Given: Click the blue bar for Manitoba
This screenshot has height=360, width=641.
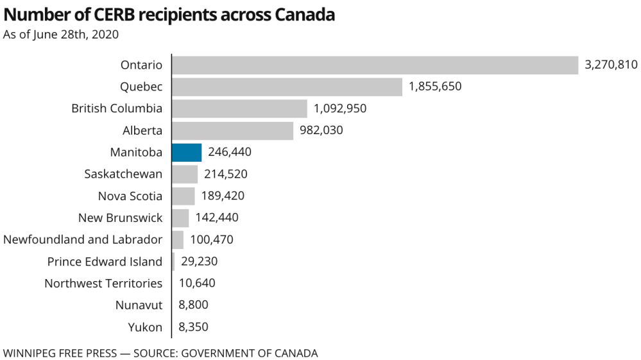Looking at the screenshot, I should pos(187,152).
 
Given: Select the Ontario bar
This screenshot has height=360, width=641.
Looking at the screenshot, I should pos(375,65).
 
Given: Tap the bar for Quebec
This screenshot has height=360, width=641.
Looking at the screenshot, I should pos(287,87).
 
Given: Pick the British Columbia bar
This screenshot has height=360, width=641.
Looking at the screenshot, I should pos(240,108).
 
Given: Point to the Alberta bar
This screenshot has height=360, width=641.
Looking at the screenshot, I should pos(233,130).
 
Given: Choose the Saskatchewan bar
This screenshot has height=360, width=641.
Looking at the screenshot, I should pos(185,174).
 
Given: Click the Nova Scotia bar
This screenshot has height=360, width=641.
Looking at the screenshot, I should pos(184,196).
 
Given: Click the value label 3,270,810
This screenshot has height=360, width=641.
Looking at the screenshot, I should pos(611,65).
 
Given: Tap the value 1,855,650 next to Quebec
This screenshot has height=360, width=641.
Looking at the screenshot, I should pos(435,87).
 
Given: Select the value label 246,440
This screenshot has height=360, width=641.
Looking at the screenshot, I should pos(230,152).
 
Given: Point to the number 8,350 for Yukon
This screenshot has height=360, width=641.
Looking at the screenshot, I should pos(193,327).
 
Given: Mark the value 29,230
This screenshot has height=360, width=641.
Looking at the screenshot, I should pos(198,262).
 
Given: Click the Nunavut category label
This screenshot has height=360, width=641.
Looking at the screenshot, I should pos(139,305).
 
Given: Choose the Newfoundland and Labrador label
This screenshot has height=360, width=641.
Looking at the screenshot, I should pos(83,240).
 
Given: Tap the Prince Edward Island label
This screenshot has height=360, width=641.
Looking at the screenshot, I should pos(105,262).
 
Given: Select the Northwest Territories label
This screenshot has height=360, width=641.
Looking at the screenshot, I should pos(103,284).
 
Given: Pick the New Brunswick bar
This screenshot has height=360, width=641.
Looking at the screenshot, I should pos(180,218).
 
